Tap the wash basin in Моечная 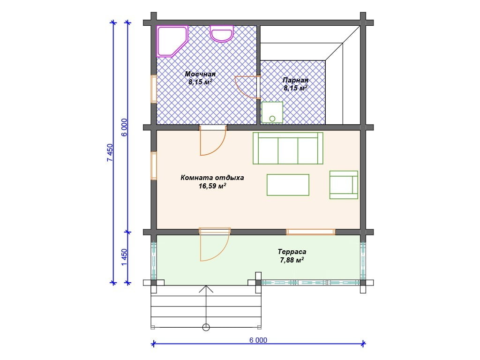(222, 33)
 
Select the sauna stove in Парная (272, 112)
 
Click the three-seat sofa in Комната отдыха (288, 148)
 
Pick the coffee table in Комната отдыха (288, 185)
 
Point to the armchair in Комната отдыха (344, 185)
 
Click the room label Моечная (200, 74)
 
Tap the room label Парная (295, 80)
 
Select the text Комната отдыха (212, 178)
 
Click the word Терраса (292, 252)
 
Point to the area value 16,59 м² (212, 186)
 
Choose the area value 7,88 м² (292, 260)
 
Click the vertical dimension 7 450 (110, 152)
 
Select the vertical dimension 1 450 (124, 257)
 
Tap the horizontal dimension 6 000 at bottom (258, 340)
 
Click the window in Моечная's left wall (154, 89)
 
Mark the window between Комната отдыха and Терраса (311, 232)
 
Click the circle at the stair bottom (206, 327)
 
